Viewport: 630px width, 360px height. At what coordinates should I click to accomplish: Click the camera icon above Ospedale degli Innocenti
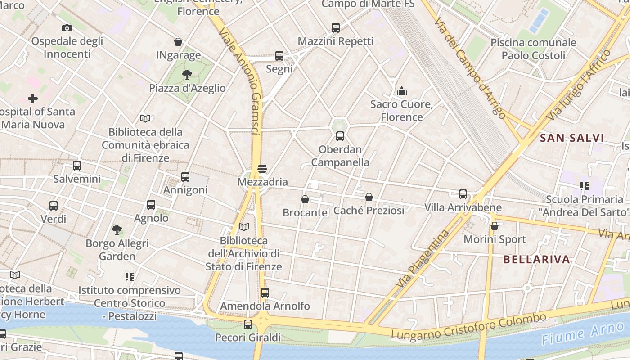pos(67,28)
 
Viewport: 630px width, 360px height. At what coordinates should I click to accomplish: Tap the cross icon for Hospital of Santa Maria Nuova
pos(33,98)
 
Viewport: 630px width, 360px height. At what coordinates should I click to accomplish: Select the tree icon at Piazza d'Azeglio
pos(187,75)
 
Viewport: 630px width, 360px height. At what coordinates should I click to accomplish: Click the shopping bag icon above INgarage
pos(178,42)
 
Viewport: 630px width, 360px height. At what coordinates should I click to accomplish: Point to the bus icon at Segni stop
pos(279,56)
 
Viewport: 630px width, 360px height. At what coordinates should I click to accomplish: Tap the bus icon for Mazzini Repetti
pos(336,28)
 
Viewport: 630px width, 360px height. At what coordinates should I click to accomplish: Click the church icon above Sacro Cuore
pos(402,91)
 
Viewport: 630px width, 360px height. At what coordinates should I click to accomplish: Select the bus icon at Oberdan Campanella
pos(340,136)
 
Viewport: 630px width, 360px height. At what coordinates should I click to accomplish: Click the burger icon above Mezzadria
pos(262,169)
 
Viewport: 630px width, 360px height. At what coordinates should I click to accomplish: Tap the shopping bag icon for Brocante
pos(305,199)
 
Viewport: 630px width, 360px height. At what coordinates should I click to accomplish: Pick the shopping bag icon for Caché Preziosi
pos(369,197)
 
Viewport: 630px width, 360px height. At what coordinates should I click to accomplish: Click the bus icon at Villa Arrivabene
pos(463,194)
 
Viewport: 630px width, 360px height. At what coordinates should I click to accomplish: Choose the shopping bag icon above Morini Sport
pos(495,226)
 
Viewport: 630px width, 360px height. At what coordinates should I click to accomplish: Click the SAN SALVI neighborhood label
pos(571,138)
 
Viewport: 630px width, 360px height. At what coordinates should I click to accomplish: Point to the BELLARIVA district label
pos(536,259)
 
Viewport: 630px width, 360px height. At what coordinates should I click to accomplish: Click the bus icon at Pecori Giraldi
pos(248,324)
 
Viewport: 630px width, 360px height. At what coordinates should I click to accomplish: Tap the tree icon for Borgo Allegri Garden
pos(117,230)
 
